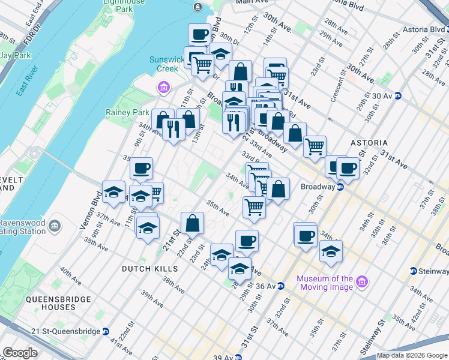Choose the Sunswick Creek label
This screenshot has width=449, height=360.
(164, 64)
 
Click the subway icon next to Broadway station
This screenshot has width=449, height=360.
(340, 187)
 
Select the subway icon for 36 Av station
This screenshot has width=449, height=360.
(280, 286)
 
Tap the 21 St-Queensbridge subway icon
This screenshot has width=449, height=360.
(106, 331)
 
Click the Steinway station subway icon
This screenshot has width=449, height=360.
(414, 271)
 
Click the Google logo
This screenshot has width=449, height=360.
(20, 353)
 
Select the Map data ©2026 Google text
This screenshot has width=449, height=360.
(412, 355)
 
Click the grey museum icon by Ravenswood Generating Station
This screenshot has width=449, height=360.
(55, 226)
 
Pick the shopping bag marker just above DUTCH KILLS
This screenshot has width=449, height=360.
(191, 223)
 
